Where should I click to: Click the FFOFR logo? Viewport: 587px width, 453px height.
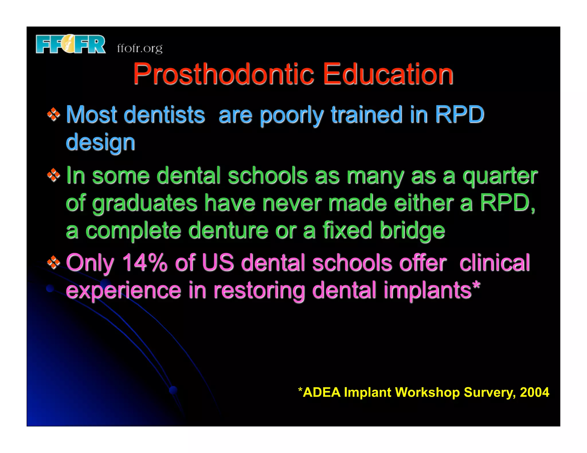pos(71,44)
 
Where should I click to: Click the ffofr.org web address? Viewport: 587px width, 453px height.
pos(140,48)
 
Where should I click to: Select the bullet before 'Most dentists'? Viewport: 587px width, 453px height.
pos(54,115)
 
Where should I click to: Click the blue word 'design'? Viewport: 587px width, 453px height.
pos(100,142)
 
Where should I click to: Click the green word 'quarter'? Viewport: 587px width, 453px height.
pos(500,176)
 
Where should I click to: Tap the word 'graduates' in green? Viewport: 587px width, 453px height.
pos(144,203)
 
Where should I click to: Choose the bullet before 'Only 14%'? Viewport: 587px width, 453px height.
pos(54,262)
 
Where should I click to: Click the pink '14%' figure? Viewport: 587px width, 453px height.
pos(145,263)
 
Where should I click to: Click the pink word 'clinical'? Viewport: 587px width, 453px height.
pos(494,263)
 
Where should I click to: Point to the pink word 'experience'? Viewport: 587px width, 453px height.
pos(124,291)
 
